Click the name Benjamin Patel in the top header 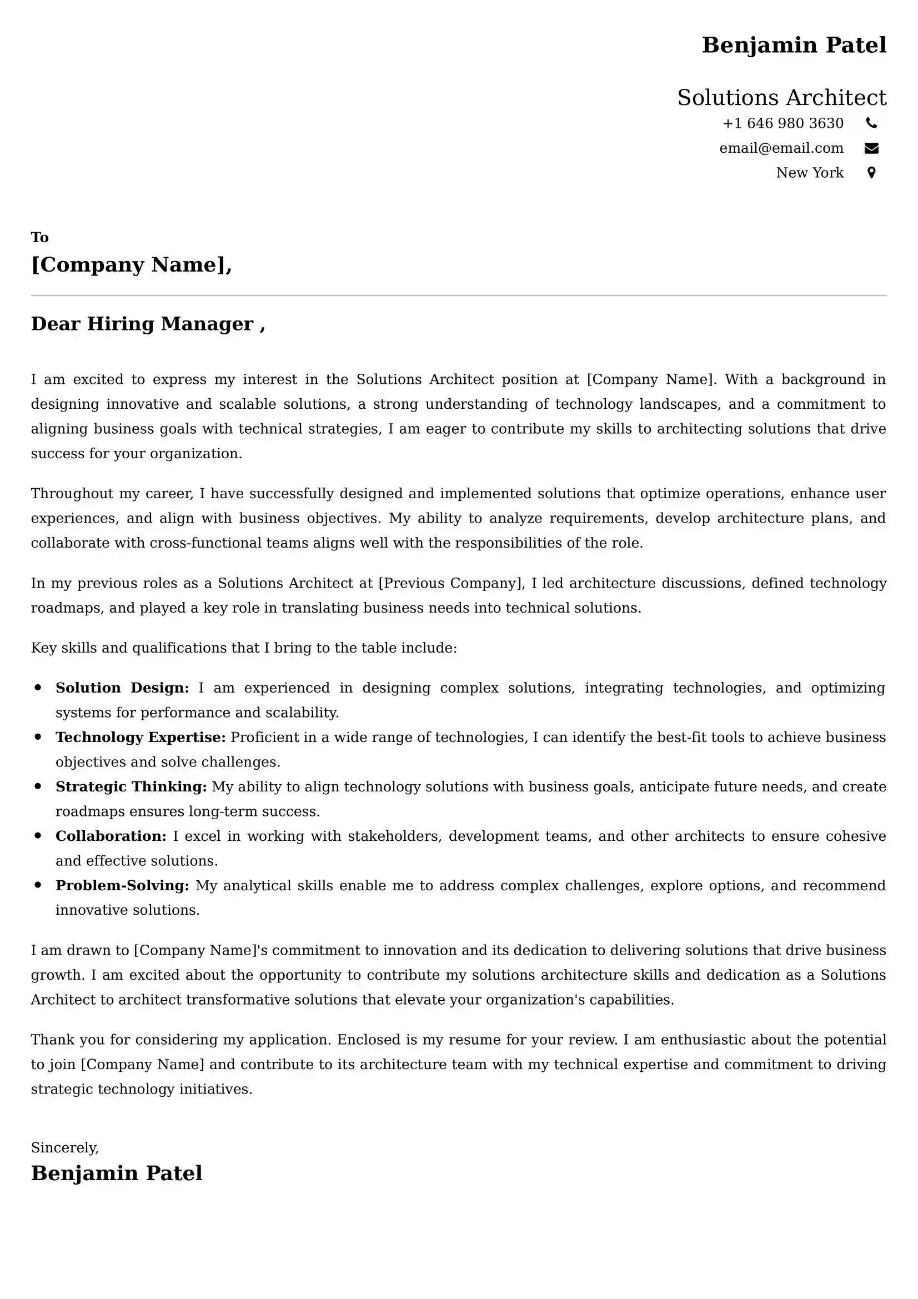[x=794, y=45]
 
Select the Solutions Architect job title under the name [x=781, y=98]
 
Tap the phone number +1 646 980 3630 [x=783, y=123]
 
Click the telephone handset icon [x=871, y=123]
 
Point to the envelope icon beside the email [x=871, y=148]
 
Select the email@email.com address [x=781, y=148]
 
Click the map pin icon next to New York [x=871, y=173]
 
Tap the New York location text [x=809, y=173]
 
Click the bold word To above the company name [x=39, y=237]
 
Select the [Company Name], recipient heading [x=131, y=265]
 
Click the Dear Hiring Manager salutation [x=148, y=324]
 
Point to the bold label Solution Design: [x=122, y=688]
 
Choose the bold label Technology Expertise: [x=141, y=737]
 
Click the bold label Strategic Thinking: [x=131, y=786]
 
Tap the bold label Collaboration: [x=111, y=836]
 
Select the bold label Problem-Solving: [x=122, y=885]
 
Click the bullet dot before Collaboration [x=38, y=836]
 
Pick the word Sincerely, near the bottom [x=64, y=1147]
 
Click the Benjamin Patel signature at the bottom [x=117, y=1173]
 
